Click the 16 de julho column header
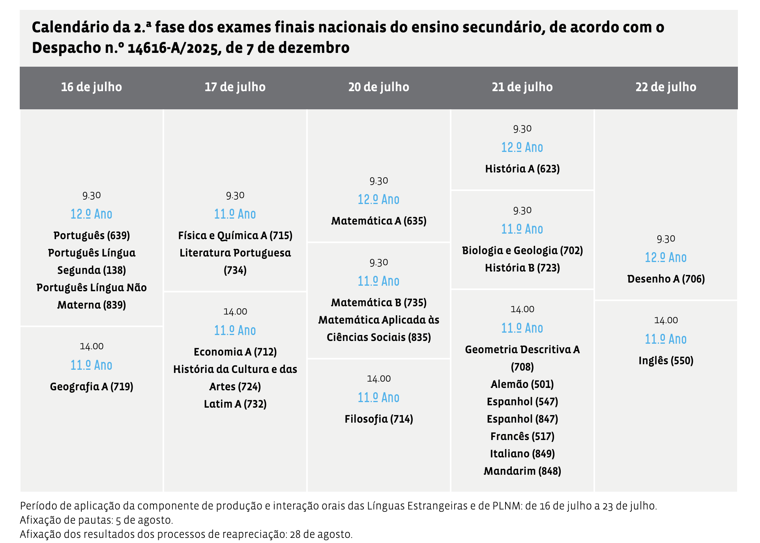click(91, 87)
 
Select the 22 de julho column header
click(666, 87)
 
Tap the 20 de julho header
click(378, 87)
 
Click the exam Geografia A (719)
click(91, 387)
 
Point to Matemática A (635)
click(378, 221)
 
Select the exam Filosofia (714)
click(378, 419)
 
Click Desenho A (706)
click(666, 279)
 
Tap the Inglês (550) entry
click(666, 361)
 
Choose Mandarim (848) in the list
click(522, 471)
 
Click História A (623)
click(522, 169)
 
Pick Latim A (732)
click(235, 404)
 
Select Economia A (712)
click(235, 352)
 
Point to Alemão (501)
click(522, 384)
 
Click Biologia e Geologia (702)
click(522, 251)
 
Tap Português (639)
click(92, 236)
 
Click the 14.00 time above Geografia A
click(92, 346)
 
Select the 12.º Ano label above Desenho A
click(666, 258)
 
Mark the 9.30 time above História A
click(522, 129)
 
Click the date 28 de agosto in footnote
click(320, 534)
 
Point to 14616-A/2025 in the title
click(174, 48)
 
